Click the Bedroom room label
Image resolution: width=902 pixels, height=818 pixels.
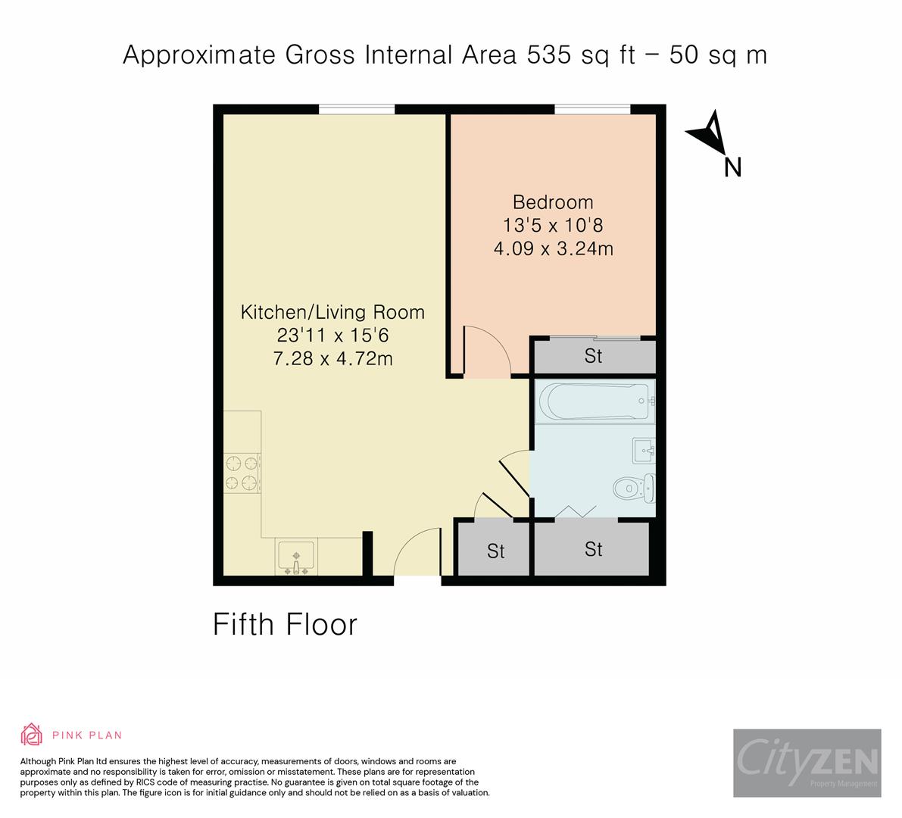coord(553,202)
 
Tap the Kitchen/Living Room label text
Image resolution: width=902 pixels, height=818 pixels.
coord(332,312)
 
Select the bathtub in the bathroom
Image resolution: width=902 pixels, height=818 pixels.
coord(593,401)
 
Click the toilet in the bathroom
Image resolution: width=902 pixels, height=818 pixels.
coord(632,487)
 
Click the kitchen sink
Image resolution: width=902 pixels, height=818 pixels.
coord(296,558)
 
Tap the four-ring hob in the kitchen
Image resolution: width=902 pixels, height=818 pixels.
coord(242,472)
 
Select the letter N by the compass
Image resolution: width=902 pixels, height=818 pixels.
coord(732,167)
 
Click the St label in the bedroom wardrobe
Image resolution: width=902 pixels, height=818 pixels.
coord(593,356)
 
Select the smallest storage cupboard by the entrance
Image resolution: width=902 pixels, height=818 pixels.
coord(495,550)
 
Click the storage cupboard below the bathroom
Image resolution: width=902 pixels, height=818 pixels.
coord(592,548)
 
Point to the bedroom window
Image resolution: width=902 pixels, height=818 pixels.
coord(592,110)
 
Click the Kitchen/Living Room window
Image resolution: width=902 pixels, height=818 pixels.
coord(356,110)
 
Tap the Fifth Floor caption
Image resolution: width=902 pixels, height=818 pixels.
coord(285,625)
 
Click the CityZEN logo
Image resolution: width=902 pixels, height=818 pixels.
coord(807,763)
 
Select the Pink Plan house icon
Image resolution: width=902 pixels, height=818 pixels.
coord(32,735)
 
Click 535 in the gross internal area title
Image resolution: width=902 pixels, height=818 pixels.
coord(545,55)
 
